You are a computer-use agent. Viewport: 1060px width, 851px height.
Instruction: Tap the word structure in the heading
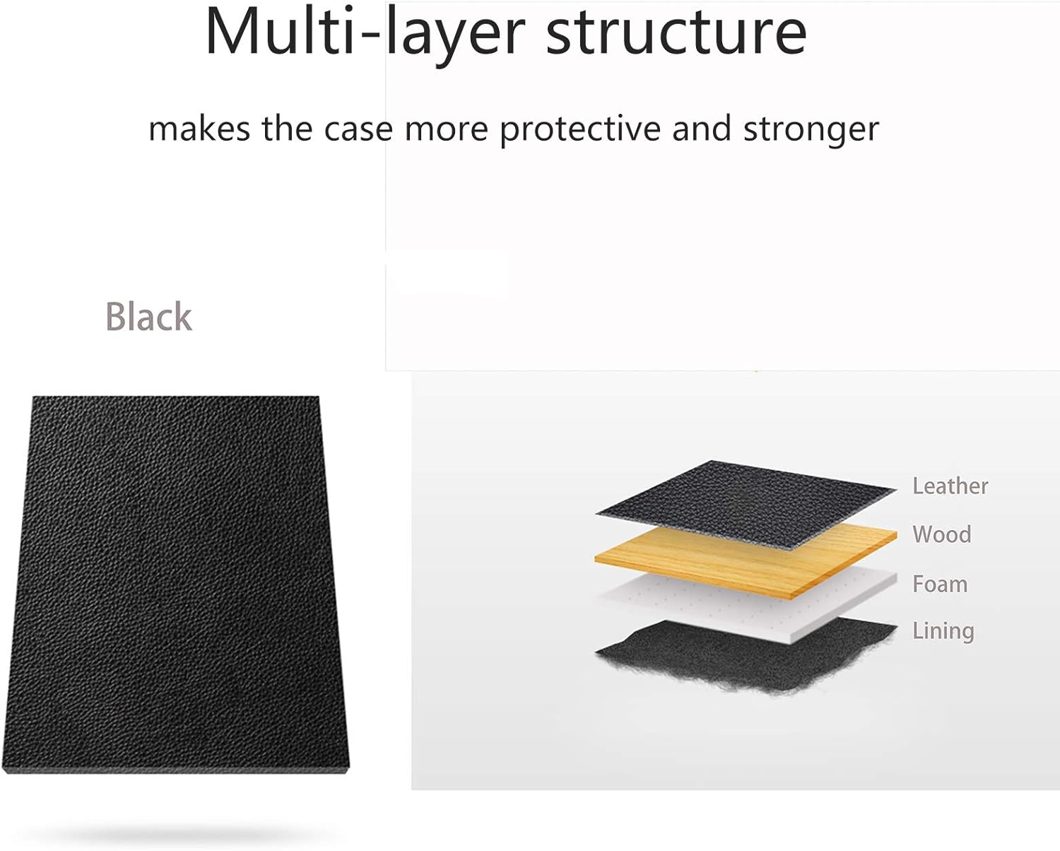pos(676,33)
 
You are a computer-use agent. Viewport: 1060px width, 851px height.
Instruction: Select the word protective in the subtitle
pos(580,129)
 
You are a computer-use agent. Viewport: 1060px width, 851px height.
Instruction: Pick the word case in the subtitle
pos(358,129)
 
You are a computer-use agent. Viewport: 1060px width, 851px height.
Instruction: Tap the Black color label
pos(149,317)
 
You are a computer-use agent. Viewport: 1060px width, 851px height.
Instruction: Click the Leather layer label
pos(950,486)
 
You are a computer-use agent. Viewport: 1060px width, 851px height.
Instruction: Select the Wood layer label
pos(942,534)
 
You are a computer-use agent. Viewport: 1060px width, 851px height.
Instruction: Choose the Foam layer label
pos(940,584)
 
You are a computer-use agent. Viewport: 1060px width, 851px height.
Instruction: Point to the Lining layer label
pos(943,631)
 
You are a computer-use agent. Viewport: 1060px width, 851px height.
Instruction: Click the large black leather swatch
pos(176,584)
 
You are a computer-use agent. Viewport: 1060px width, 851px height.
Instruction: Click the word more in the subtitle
pos(447,130)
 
